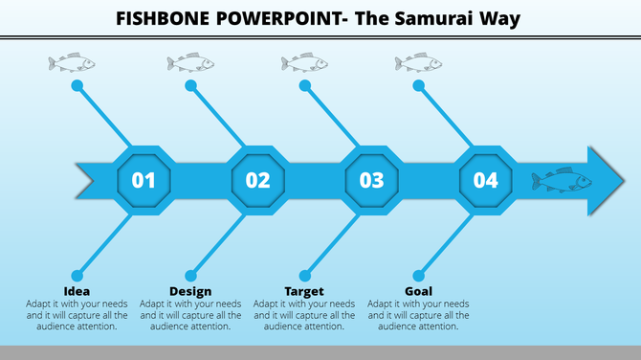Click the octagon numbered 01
click(x=144, y=179)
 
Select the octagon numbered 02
click(x=257, y=179)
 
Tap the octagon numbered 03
click(x=371, y=179)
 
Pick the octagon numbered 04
click(x=485, y=179)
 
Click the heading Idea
click(x=77, y=291)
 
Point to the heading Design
click(x=190, y=291)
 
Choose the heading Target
click(x=304, y=291)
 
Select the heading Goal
click(x=418, y=291)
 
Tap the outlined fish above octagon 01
click(x=72, y=63)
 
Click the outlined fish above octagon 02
click(x=189, y=63)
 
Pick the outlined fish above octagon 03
click(x=304, y=63)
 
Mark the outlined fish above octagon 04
click(x=418, y=63)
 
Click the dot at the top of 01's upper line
click(x=77, y=86)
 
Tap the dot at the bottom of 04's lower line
click(x=418, y=275)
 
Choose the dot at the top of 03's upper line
click(x=304, y=86)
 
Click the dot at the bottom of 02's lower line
click(x=190, y=275)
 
